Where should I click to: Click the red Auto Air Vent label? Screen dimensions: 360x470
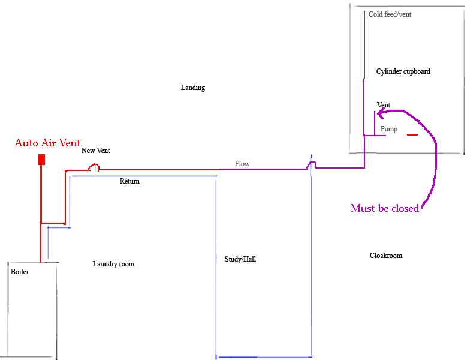point(47,143)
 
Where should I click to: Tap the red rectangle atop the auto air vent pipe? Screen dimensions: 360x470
point(41,159)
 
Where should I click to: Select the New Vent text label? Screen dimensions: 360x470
point(95,151)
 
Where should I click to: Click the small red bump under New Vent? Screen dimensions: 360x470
point(94,169)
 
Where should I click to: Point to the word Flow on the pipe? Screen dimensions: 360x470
point(242,163)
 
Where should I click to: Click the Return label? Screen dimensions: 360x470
point(129,181)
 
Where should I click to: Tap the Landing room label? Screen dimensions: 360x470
point(192,88)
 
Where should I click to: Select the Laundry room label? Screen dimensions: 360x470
point(113,264)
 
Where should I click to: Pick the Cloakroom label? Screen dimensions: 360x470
point(385,256)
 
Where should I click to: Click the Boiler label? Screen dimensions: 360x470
point(19,272)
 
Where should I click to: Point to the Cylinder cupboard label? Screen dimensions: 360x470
point(403,71)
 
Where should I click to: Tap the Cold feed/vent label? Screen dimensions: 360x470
point(390,14)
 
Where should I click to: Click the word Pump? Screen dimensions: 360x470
point(388,129)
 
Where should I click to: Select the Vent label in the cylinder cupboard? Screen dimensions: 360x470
point(384,105)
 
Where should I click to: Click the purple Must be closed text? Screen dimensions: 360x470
point(384,209)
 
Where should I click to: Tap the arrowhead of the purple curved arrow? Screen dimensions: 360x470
point(380,111)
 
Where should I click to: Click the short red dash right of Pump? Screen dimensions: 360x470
point(412,135)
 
